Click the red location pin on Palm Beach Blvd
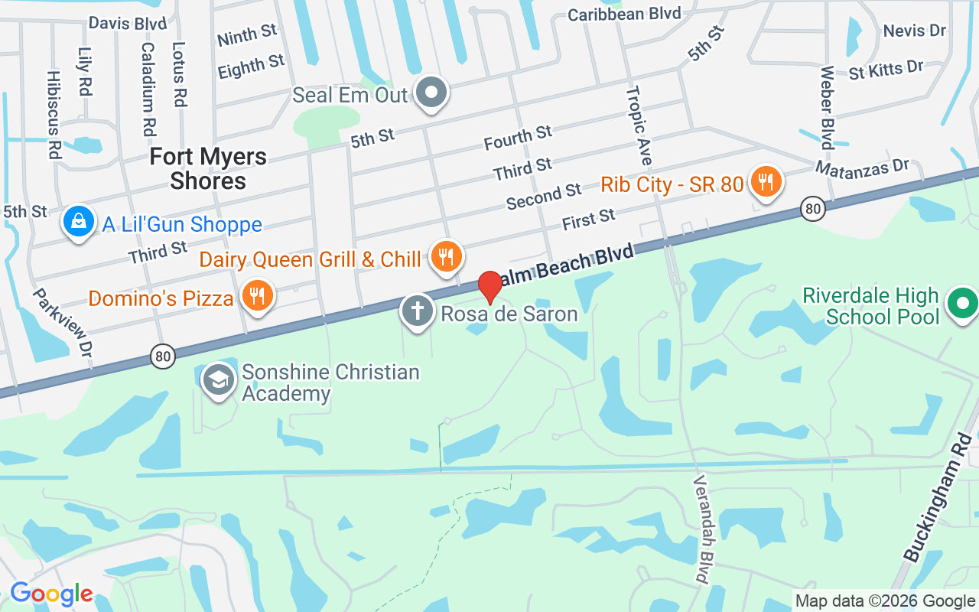pyautogui.click(x=490, y=286)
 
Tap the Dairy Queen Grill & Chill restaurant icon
pyautogui.click(x=445, y=256)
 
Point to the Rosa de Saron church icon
pyautogui.click(x=417, y=311)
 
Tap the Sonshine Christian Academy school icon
pyautogui.click(x=219, y=379)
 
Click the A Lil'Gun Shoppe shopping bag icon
pyautogui.click(x=79, y=222)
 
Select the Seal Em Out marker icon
pyautogui.click(x=431, y=93)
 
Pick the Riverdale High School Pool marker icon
pyautogui.click(x=961, y=304)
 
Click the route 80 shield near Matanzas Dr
pyautogui.click(x=813, y=208)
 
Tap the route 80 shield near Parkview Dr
pyautogui.click(x=163, y=356)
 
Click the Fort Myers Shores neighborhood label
pyautogui.click(x=208, y=168)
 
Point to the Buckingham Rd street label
pyautogui.click(x=938, y=497)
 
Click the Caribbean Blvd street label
pyautogui.click(x=624, y=13)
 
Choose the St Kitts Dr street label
pyautogui.click(x=886, y=70)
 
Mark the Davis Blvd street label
pyautogui.click(x=128, y=23)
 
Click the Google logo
pyautogui.click(x=51, y=594)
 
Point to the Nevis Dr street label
pyautogui.click(x=915, y=31)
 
